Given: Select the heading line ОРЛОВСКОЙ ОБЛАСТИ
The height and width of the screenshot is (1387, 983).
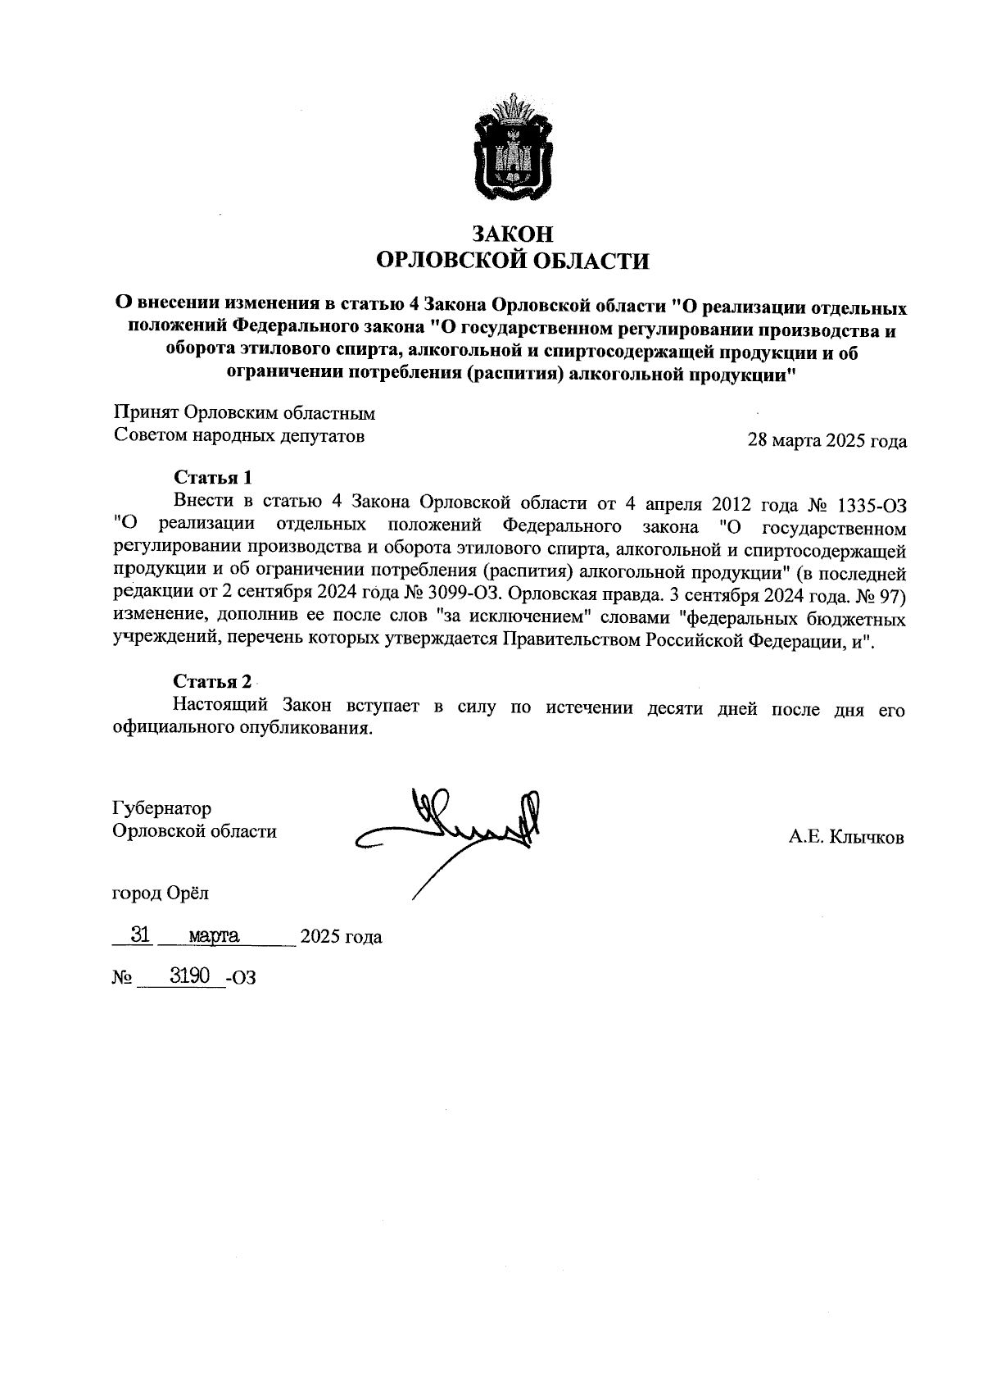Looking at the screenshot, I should click(x=512, y=261).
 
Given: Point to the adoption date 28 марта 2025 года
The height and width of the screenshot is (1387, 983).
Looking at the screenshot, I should click(x=827, y=441).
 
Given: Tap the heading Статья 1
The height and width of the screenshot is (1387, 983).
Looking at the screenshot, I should click(x=212, y=477).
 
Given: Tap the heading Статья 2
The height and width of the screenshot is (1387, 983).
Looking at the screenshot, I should click(x=212, y=682).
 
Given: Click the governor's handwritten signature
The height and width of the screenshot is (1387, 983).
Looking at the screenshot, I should click(x=459, y=828).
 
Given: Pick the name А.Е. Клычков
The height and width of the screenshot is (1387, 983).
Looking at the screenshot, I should click(x=846, y=837).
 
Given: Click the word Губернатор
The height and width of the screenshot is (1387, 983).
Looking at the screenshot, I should click(x=162, y=808).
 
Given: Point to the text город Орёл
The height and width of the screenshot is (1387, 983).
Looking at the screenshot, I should click(x=165, y=893).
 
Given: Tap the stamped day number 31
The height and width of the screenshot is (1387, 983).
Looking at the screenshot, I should click(x=140, y=935).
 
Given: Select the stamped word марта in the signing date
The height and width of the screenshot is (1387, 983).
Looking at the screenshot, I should click(x=213, y=935).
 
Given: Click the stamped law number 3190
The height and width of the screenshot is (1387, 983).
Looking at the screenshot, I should click(x=190, y=975).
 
